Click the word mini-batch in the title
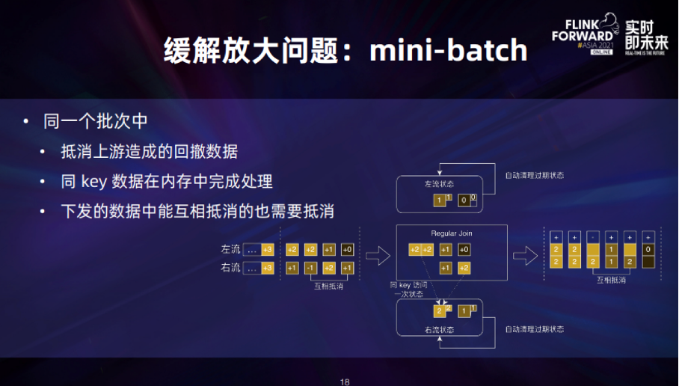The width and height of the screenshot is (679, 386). point(449,51)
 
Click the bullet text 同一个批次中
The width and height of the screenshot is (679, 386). point(98,122)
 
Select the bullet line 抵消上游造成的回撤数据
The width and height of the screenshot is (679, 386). point(149,152)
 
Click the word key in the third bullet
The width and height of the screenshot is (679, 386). point(93,182)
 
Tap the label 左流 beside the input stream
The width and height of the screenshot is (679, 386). point(230,249)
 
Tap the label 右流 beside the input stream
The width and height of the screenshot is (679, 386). point(230,268)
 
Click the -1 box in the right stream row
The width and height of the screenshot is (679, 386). point(311,268)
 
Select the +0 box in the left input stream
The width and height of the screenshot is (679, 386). point(348,249)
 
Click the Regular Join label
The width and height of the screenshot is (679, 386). point(452,233)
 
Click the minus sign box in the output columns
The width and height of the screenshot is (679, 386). point(592,236)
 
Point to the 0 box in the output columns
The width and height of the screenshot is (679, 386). point(648,249)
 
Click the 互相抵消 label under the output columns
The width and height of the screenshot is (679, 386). point(611,280)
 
